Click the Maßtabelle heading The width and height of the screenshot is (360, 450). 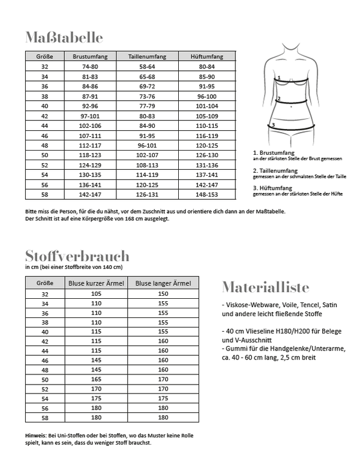64,38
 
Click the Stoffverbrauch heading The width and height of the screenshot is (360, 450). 77,257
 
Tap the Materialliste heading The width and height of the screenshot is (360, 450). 265,286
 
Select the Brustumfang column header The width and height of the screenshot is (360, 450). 89,56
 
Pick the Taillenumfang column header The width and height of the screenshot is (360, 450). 142,56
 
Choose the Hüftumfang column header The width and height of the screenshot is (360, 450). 206,56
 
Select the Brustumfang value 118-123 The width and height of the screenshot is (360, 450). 89,154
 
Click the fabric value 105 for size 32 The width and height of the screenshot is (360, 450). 95,294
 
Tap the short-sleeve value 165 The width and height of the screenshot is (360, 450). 95,379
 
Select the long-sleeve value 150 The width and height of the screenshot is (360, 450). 163,294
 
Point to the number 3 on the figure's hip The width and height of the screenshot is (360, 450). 273,125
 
